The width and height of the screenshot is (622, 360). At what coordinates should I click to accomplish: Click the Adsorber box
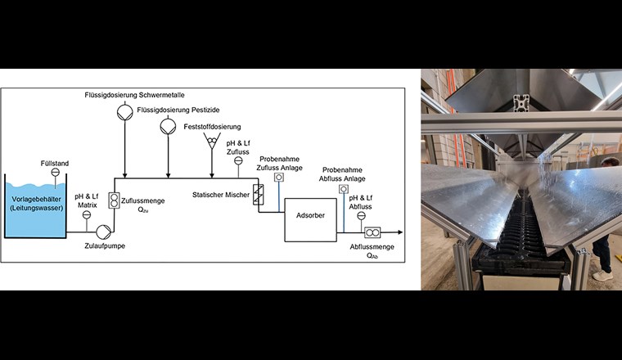coord(310,220)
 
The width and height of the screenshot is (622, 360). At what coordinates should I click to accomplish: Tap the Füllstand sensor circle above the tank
coord(55,173)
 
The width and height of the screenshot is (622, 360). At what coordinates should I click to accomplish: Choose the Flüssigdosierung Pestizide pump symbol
coord(168,126)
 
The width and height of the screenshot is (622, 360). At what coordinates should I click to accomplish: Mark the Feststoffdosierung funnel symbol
coord(211,144)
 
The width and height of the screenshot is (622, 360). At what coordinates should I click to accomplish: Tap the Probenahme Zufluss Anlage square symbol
coord(278,177)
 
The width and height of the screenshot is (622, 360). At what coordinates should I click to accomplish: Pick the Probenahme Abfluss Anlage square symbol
coord(344,189)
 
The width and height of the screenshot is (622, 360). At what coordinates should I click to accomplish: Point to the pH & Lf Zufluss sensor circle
coord(238,161)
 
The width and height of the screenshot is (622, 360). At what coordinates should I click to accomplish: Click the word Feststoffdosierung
coord(211,128)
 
